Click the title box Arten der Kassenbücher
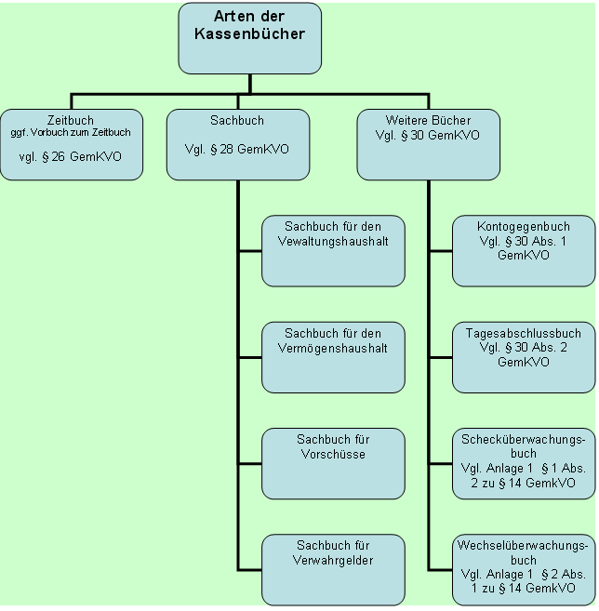click(x=249, y=38)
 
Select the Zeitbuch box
click(x=72, y=144)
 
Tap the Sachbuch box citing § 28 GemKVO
click(x=237, y=144)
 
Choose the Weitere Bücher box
click(x=428, y=144)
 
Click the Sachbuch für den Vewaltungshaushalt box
click(x=333, y=251)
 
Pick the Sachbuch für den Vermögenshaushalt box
click(x=333, y=357)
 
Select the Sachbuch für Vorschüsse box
click(x=333, y=463)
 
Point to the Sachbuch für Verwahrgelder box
click(x=333, y=569)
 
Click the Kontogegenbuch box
click(x=524, y=251)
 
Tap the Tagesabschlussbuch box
click(x=524, y=357)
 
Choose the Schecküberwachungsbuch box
click(x=524, y=463)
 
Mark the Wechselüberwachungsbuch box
click(x=524, y=569)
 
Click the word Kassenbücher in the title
click(x=249, y=33)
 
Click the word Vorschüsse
click(x=333, y=455)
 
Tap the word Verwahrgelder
click(x=333, y=560)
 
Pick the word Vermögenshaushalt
click(x=333, y=348)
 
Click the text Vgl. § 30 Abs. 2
click(x=524, y=348)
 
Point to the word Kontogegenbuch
click(x=524, y=226)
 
